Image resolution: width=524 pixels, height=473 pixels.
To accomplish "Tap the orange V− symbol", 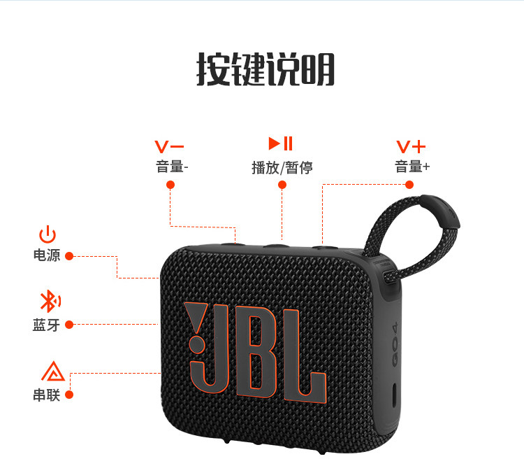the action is (x=170, y=146).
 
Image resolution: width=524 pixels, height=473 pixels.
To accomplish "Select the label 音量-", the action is (x=172, y=167).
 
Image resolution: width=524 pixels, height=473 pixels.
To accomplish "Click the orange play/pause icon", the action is (x=282, y=144).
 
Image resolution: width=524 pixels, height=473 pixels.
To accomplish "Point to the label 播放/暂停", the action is (x=282, y=167).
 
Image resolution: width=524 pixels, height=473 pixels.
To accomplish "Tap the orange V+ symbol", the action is (x=411, y=146).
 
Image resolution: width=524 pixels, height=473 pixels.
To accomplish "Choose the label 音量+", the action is (x=412, y=167).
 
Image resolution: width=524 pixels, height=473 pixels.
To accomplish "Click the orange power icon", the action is (x=48, y=234).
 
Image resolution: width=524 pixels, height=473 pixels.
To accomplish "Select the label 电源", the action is (x=47, y=255).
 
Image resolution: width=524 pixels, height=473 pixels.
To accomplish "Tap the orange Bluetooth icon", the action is (x=48, y=302).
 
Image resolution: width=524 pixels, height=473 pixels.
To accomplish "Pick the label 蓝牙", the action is (x=46, y=325).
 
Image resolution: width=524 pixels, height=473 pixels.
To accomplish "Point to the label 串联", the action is (x=47, y=395).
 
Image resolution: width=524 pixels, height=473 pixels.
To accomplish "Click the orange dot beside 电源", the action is (x=69, y=256).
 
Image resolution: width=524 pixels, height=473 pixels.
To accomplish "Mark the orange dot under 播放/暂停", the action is (x=282, y=185).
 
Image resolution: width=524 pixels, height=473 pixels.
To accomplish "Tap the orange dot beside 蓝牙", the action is (x=69, y=324).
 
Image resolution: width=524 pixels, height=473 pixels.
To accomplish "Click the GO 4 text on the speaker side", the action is (x=393, y=344).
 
